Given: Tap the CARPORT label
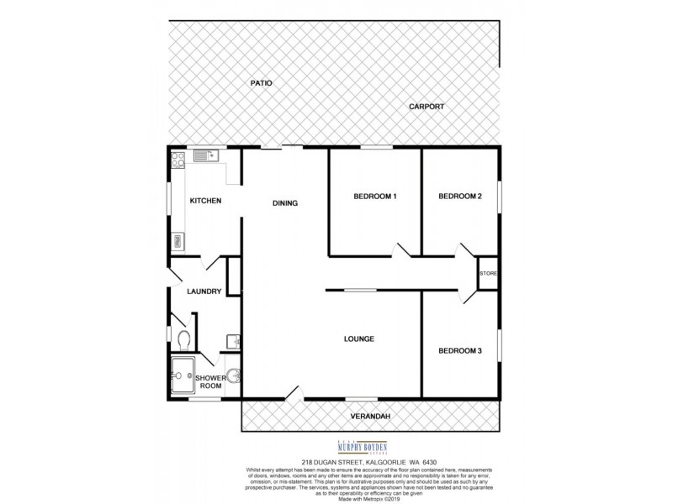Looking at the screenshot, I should click(426, 107).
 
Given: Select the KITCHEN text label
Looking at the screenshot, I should click(205, 200).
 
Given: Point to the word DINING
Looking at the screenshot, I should click(284, 203).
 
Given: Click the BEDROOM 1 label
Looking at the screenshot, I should click(374, 197).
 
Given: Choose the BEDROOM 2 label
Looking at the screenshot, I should click(460, 197).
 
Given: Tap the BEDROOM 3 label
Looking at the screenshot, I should click(460, 350).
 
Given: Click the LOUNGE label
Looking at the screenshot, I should click(358, 339).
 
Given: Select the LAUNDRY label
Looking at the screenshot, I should click(204, 291).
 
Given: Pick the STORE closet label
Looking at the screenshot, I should click(488, 274).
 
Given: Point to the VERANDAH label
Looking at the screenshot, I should click(371, 416).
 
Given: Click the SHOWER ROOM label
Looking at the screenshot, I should click(209, 381).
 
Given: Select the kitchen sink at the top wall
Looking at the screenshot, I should click(204, 155).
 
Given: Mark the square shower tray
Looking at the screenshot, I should click(182, 375).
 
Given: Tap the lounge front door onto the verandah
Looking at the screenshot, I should click(291, 392).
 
